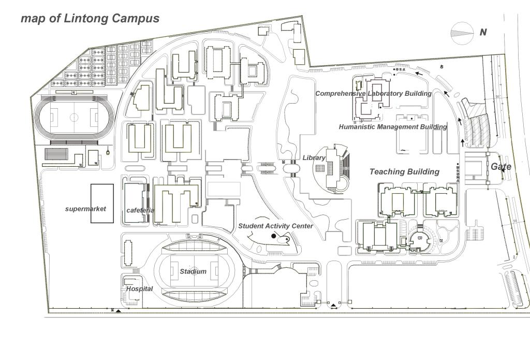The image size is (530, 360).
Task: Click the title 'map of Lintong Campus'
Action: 90,19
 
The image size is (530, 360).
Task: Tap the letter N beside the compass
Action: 483,32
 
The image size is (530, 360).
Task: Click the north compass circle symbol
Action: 462,32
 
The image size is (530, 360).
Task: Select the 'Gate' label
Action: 500,167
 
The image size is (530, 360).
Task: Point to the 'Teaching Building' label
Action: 404,171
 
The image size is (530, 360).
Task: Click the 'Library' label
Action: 314,157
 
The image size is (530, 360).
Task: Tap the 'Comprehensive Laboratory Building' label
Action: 373,94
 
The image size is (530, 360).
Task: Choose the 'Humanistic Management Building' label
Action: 393,127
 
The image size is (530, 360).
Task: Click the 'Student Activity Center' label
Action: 275,226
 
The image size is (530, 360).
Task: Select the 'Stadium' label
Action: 193,271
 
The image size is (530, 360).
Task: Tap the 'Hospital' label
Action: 139,289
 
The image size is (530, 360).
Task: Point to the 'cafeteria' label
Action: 140,210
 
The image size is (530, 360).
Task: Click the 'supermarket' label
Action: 85,209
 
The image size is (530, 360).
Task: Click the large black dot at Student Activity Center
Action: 274,236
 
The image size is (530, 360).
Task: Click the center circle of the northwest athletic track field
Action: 74,118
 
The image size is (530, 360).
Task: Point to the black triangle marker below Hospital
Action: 119,311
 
